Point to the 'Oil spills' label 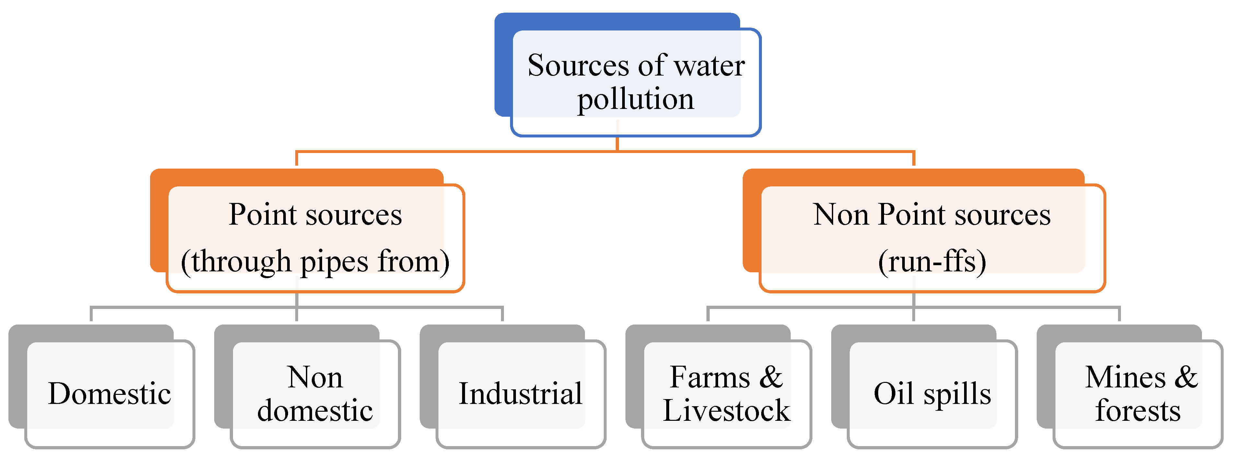pos(932,394)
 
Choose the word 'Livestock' pos(726,411)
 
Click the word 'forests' pos(1138,411)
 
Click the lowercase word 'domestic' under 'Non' pos(315,411)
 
